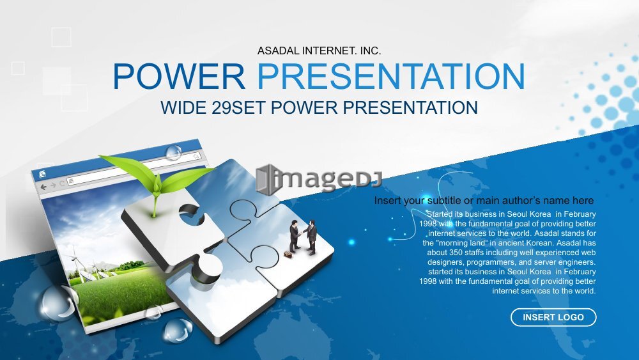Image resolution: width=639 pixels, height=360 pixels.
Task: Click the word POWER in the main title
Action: click(179, 76)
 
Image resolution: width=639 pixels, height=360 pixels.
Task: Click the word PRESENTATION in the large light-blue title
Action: click(391, 76)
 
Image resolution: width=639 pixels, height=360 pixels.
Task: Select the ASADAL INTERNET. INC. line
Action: click(319, 51)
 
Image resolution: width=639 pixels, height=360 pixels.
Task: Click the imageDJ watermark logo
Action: click(318, 180)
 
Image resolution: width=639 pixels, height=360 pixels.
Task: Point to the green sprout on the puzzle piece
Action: click(157, 180)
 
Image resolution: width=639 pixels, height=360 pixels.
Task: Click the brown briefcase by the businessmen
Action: click(288, 254)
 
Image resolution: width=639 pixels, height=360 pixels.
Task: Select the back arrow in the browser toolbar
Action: click(43, 187)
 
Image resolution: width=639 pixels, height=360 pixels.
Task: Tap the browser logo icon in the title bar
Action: click(42, 175)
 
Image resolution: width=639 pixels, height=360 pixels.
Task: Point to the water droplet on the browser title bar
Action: click(174, 152)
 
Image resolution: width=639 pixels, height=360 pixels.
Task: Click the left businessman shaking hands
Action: click(294, 237)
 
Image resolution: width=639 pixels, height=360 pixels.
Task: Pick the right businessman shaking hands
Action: click(311, 237)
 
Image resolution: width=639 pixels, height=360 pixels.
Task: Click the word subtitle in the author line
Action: click(445, 201)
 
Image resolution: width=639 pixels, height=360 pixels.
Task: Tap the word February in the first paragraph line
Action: click(580, 214)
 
